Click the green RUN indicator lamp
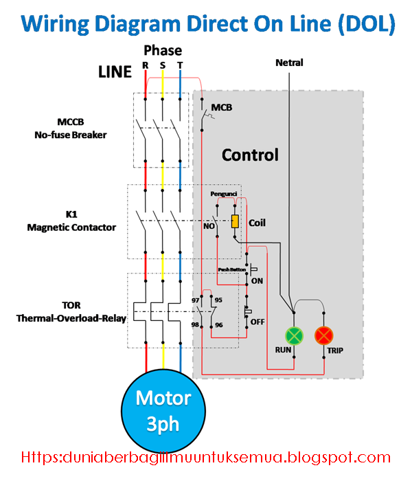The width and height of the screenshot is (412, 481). click(x=294, y=335)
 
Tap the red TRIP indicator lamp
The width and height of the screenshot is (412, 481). click(x=323, y=335)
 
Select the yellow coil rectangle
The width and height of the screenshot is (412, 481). click(x=235, y=221)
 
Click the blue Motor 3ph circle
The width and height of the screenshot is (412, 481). click(x=163, y=411)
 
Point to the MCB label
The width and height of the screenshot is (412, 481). click(x=222, y=108)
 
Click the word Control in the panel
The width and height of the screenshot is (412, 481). click(x=250, y=155)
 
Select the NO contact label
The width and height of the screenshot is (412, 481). click(x=209, y=225)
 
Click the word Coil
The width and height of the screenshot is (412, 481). click(x=257, y=223)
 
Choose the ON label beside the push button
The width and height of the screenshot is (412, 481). click(x=257, y=281)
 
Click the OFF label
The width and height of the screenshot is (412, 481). click(x=257, y=322)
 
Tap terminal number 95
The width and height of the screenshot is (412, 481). click(x=218, y=300)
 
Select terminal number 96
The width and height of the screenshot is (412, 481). click(x=218, y=324)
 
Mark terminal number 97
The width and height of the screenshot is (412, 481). click(x=195, y=300)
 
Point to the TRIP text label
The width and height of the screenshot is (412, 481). click(x=334, y=350)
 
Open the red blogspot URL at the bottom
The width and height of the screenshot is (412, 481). click(x=206, y=457)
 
